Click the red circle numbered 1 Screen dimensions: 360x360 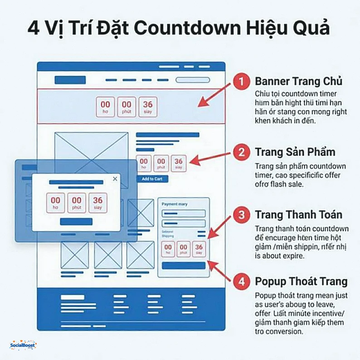(242, 82)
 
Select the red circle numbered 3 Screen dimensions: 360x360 (242, 214)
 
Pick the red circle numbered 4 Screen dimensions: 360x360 (242, 282)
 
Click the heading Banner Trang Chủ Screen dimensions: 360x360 (298, 82)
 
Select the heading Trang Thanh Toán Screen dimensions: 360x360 (298, 214)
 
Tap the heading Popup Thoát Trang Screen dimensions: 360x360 (301, 281)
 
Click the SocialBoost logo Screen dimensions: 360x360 (23, 345)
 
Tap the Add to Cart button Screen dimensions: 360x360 (152, 179)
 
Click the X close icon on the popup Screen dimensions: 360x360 (115, 179)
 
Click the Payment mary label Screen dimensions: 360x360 (175, 204)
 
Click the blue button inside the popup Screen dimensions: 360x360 (76, 222)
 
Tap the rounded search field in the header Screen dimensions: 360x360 (192, 80)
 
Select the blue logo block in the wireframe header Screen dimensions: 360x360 (70, 80)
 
